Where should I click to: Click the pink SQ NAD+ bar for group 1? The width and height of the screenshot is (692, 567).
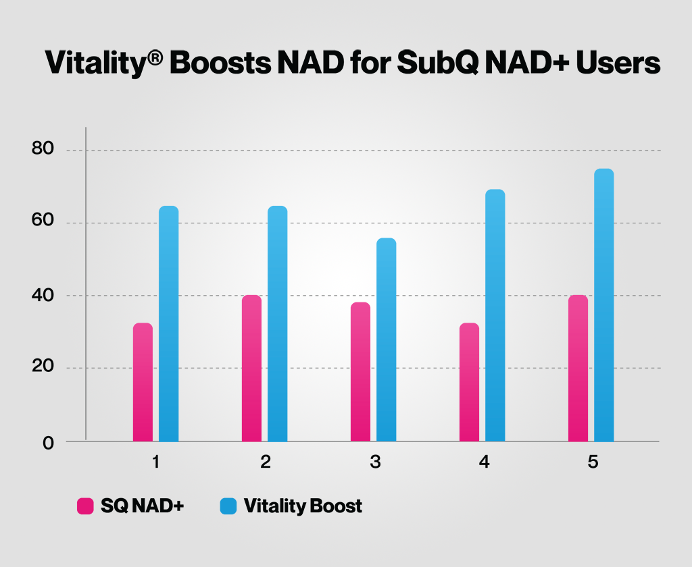pos(143,382)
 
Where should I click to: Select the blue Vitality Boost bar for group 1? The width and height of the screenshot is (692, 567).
pos(168,324)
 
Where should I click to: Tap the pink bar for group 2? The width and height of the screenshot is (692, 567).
pos(251,368)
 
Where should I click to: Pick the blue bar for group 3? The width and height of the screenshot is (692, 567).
pos(386,340)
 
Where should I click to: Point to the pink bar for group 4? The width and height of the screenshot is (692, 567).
pos(469,382)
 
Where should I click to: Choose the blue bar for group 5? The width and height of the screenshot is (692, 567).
pos(603,305)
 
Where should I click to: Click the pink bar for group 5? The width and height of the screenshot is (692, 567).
pos(578,368)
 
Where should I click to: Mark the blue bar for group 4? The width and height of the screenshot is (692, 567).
pos(495,315)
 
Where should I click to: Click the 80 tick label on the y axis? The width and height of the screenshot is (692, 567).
pos(43,149)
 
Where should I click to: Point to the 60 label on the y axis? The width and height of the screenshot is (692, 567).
pos(43,222)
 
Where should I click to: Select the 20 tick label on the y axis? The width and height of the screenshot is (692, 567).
pos(43,368)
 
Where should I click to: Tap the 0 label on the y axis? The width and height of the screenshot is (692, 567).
pos(48,443)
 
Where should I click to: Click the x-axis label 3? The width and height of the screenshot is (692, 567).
pos(375,463)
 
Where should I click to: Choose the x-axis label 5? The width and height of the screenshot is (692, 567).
pos(593,463)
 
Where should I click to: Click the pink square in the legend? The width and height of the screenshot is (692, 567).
pos(85,506)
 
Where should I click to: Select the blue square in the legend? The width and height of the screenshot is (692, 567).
pos(228,506)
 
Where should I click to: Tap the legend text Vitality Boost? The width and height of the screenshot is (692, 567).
pos(303,506)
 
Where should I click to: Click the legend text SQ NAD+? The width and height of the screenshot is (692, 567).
pos(142,506)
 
